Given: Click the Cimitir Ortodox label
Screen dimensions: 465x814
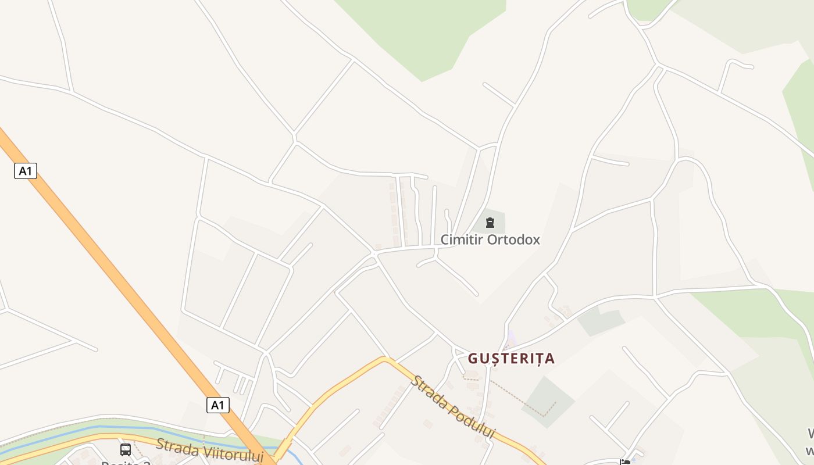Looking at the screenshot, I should pyautogui.click(x=490, y=239).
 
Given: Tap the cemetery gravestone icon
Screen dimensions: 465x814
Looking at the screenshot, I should pyautogui.click(x=490, y=222).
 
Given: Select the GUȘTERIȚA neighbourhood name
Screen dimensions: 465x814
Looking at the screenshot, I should pyautogui.click(x=511, y=359).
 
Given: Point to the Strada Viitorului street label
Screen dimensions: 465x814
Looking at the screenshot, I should pyautogui.click(x=210, y=450).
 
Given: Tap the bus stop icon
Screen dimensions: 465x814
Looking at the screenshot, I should pyautogui.click(x=125, y=449).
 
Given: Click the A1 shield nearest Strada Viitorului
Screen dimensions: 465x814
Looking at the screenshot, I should pyautogui.click(x=217, y=405).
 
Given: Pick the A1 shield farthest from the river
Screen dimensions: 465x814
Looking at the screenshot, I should pyautogui.click(x=25, y=171).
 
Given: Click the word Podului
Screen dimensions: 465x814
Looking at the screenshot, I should pyautogui.click(x=469, y=420).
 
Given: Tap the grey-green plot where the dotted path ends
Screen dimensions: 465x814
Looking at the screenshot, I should pyautogui.click(x=547, y=401).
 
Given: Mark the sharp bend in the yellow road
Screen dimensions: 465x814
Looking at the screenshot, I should pyautogui.click(x=384, y=359).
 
